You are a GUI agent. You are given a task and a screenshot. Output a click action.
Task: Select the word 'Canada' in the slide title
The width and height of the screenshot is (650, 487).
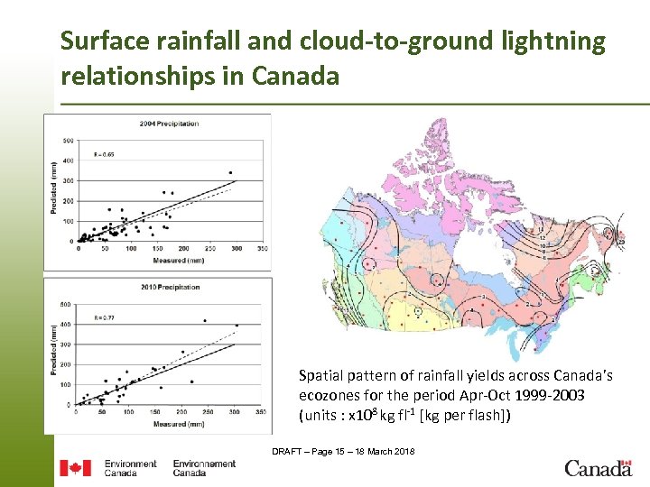click(295, 76)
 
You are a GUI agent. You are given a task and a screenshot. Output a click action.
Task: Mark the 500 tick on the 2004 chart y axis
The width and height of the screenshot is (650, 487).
click(69, 142)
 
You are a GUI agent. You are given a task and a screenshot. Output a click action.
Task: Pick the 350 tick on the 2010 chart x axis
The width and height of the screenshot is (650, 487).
click(260, 413)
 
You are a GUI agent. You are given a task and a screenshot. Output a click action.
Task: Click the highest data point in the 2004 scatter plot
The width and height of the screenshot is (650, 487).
click(230, 172)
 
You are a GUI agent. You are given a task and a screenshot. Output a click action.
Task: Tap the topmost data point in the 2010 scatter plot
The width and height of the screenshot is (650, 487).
click(205, 320)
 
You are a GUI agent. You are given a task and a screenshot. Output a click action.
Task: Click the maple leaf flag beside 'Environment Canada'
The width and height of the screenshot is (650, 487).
click(75, 468)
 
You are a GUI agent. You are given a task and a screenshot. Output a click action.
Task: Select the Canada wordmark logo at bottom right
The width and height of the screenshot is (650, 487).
click(598, 468)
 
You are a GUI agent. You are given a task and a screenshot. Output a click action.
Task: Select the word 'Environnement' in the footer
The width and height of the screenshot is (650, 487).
click(204, 464)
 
